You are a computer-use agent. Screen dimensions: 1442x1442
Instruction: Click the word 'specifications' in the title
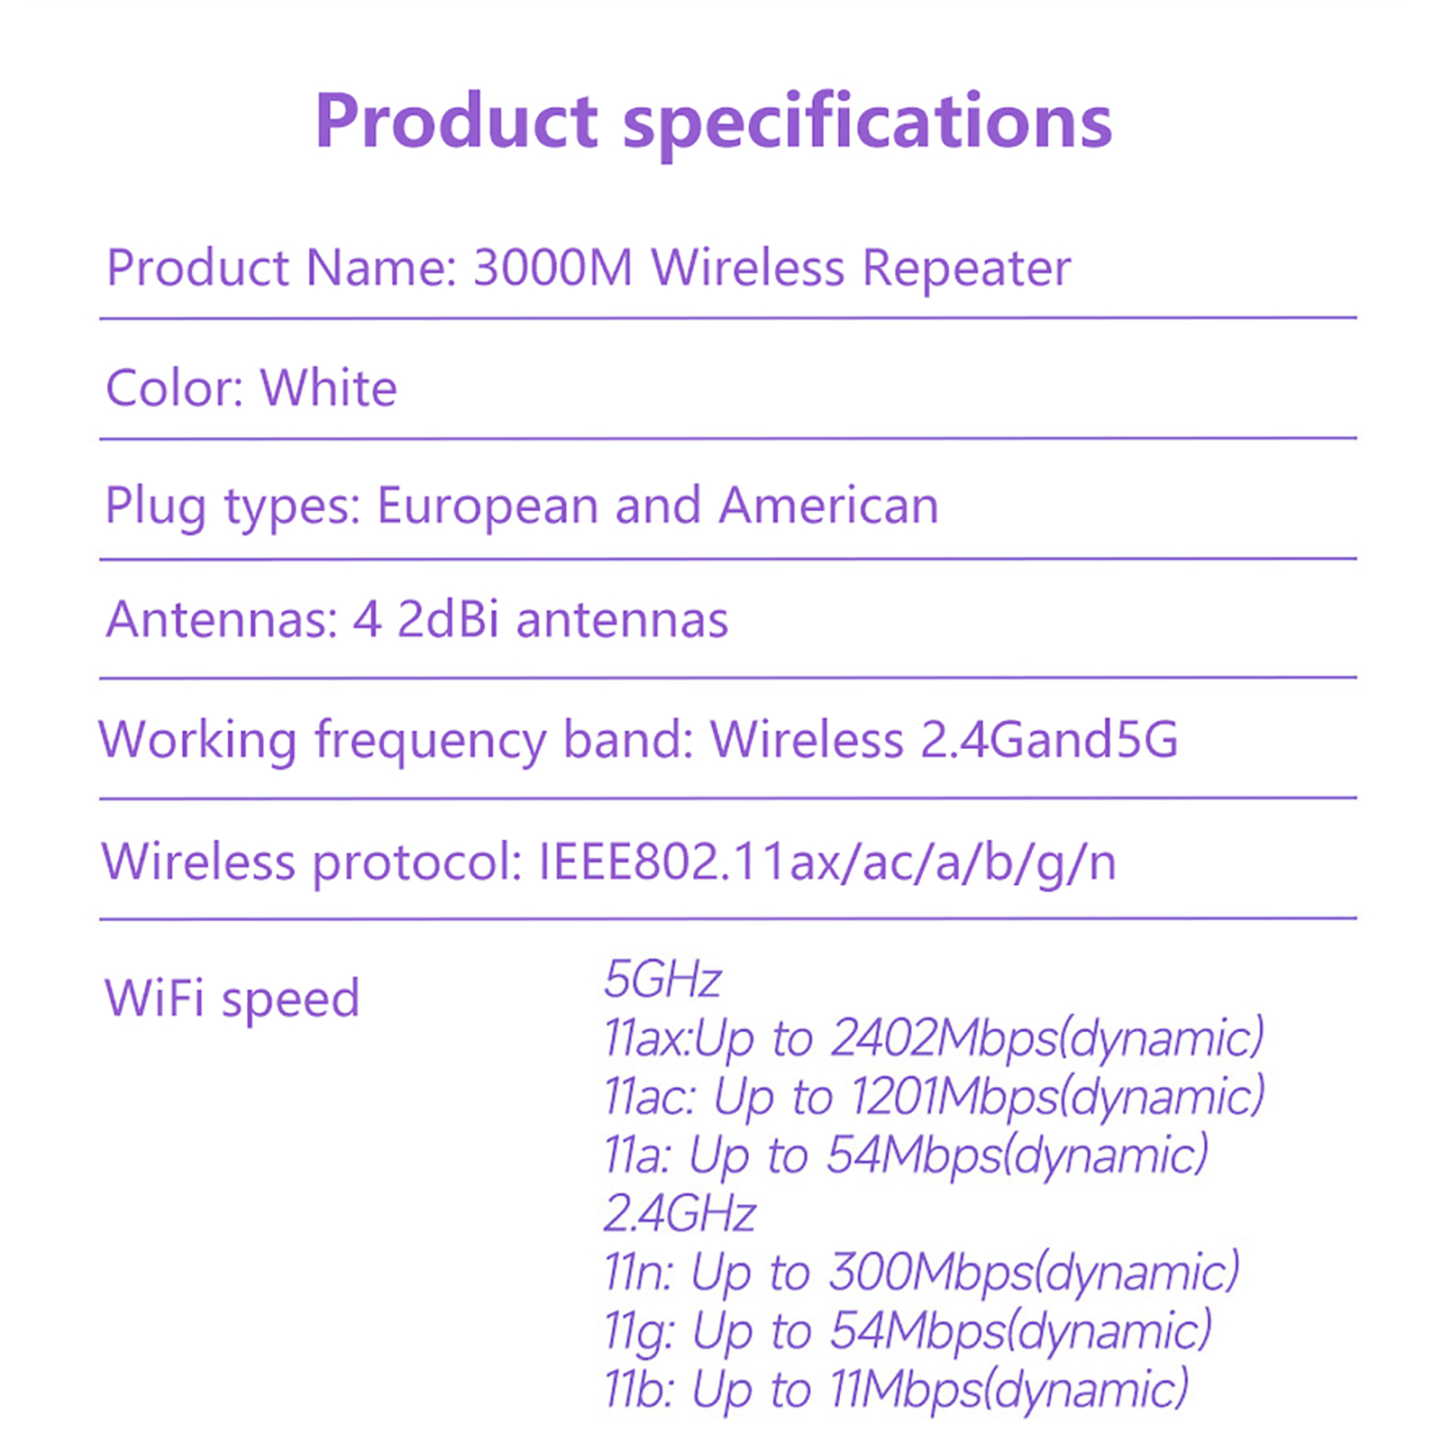tap(868, 124)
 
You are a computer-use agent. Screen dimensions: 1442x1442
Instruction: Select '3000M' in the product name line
tap(552, 268)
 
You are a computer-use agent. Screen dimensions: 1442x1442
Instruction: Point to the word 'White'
tap(329, 388)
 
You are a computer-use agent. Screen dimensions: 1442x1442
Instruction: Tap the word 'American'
tap(829, 505)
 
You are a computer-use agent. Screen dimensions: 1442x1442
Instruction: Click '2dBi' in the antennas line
tap(448, 619)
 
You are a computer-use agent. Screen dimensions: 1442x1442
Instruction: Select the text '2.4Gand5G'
tap(1049, 740)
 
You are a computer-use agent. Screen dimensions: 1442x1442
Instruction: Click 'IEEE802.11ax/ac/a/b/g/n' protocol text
tap(827, 862)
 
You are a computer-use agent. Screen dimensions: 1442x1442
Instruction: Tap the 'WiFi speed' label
tap(233, 999)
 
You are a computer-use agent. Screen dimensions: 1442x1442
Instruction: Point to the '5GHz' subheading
tap(662, 980)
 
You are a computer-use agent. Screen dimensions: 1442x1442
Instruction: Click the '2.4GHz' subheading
tap(680, 1213)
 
